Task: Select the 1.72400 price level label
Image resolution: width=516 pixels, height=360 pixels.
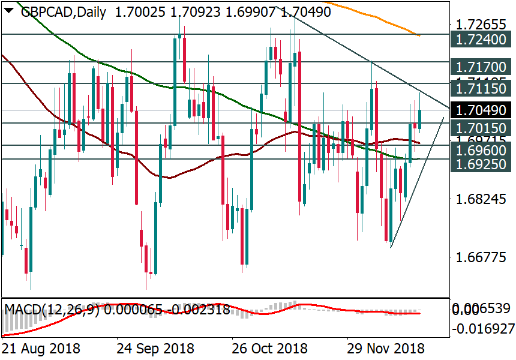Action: click(481, 41)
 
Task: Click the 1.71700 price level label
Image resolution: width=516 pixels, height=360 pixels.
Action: click(481, 67)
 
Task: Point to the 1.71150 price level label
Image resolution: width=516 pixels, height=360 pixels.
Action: click(481, 89)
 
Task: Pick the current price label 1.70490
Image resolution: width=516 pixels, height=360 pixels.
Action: click(481, 110)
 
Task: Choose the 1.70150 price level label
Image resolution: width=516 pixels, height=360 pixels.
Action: click(481, 128)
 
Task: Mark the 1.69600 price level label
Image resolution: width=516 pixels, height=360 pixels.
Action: click(481, 150)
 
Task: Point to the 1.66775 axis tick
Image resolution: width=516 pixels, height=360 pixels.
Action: click(481, 259)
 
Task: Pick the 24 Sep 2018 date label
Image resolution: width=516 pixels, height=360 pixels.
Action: click(155, 349)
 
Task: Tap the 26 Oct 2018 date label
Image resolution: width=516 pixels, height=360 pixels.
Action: click(269, 349)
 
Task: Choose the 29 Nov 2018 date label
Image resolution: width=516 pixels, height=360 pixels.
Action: click(386, 349)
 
